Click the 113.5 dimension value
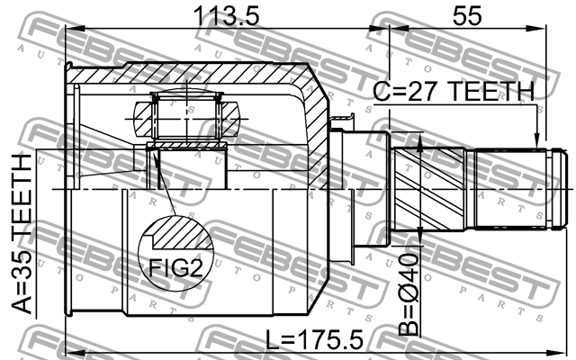coord(226,16)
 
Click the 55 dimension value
coord(466,16)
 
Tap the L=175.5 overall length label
coord(314,339)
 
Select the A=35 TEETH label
coord(22,234)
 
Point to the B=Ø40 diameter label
coord(409,294)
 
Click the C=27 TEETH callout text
coord(454,92)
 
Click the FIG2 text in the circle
coord(175,267)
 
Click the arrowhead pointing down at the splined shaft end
coord(536,140)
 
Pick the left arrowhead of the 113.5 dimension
coord(75,29)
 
